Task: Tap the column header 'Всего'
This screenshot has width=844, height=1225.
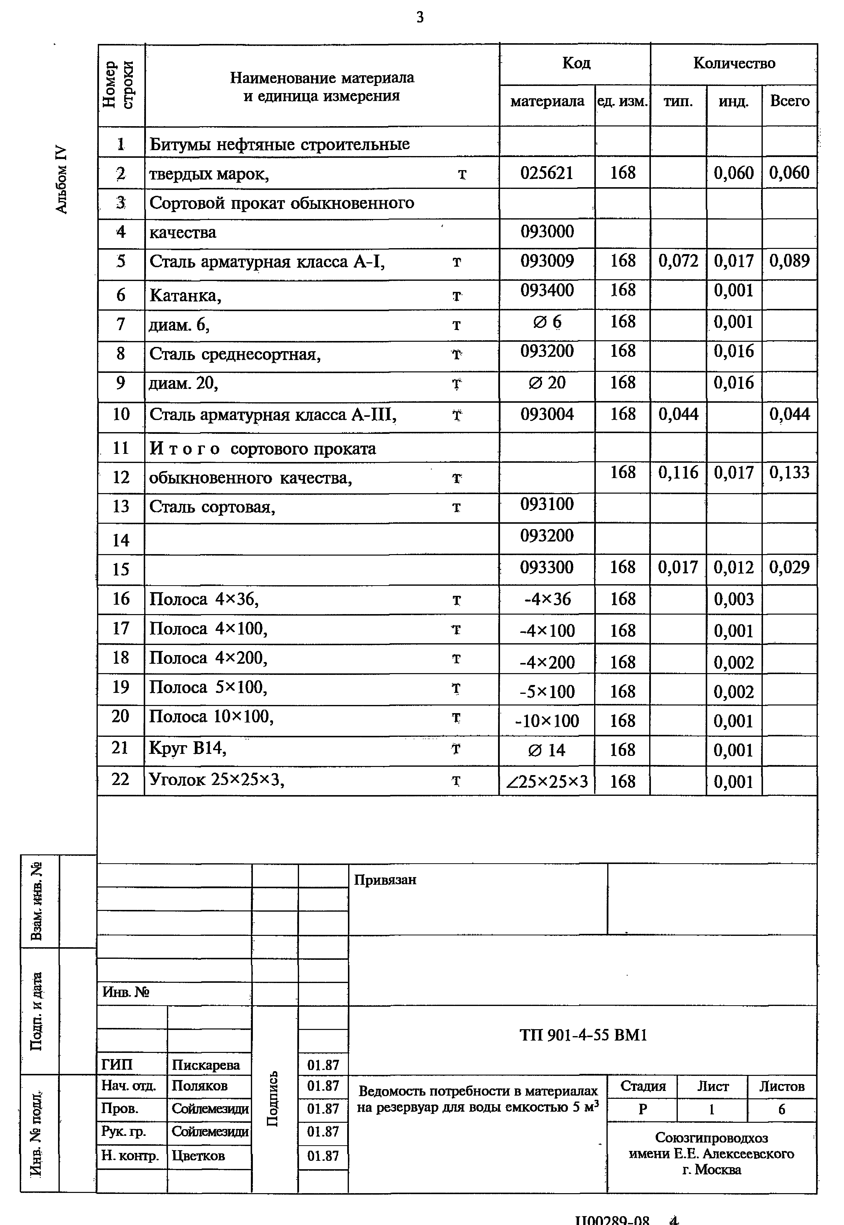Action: click(x=789, y=101)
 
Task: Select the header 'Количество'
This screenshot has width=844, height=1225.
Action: click(x=734, y=63)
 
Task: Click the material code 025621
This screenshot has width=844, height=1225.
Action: click(x=547, y=173)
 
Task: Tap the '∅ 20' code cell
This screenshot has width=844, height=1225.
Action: click(x=547, y=383)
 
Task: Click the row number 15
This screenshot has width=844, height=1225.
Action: click(x=121, y=569)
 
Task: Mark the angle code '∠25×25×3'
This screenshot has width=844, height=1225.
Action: click(x=547, y=782)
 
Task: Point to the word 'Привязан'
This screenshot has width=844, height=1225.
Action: click(x=385, y=880)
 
